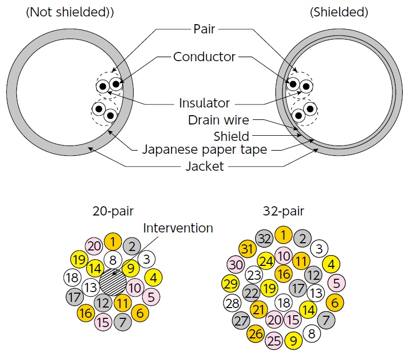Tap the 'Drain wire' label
(x=218, y=120)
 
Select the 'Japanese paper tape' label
(x=204, y=151)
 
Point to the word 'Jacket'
(x=204, y=166)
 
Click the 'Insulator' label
(x=204, y=103)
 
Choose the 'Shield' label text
(x=231, y=136)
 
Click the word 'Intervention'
(x=178, y=227)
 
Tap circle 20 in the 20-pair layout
(x=95, y=246)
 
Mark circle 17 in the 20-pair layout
(x=75, y=297)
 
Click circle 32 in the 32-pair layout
(x=265, y=239)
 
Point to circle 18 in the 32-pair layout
(x=283, y=302)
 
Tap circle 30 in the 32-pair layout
(x=236, y=264)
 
